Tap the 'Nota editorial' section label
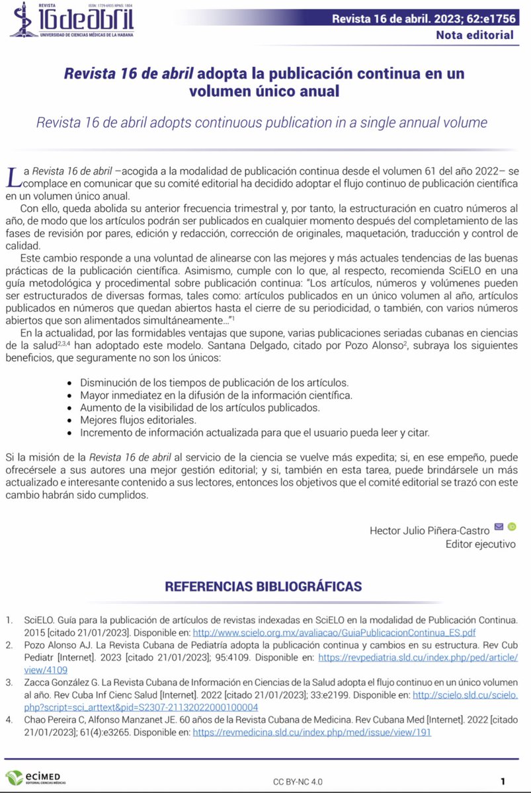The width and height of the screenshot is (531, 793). [474, 35]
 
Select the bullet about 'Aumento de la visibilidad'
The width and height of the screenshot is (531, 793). [200, 408]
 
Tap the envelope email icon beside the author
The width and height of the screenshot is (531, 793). [499, 527]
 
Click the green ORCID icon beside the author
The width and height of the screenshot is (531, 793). [512, 527]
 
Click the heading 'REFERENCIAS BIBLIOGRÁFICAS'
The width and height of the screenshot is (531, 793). [263, 586]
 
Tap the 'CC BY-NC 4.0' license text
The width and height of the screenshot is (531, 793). [298, 781]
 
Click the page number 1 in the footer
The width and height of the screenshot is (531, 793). [503, 780]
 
